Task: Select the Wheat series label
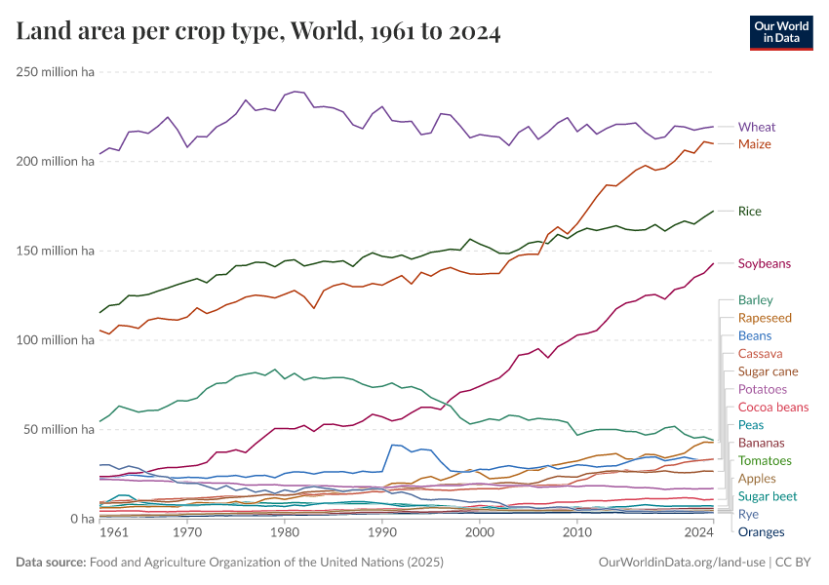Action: click(757, 127)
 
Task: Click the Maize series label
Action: click(755, 144)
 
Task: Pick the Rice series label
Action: click(750, 211)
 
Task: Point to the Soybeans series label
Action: click(765, 263)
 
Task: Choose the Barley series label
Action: click(756, 299)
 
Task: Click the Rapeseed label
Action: click(765, 318)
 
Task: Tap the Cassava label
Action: click(761, 353)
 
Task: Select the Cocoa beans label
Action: click(773, 407)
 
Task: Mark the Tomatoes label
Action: click(766, 460)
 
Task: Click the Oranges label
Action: click(761, 531)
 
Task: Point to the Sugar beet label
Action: click(768, 495)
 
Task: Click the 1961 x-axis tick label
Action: click(114, 533)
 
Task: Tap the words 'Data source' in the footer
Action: click(49, 563)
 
